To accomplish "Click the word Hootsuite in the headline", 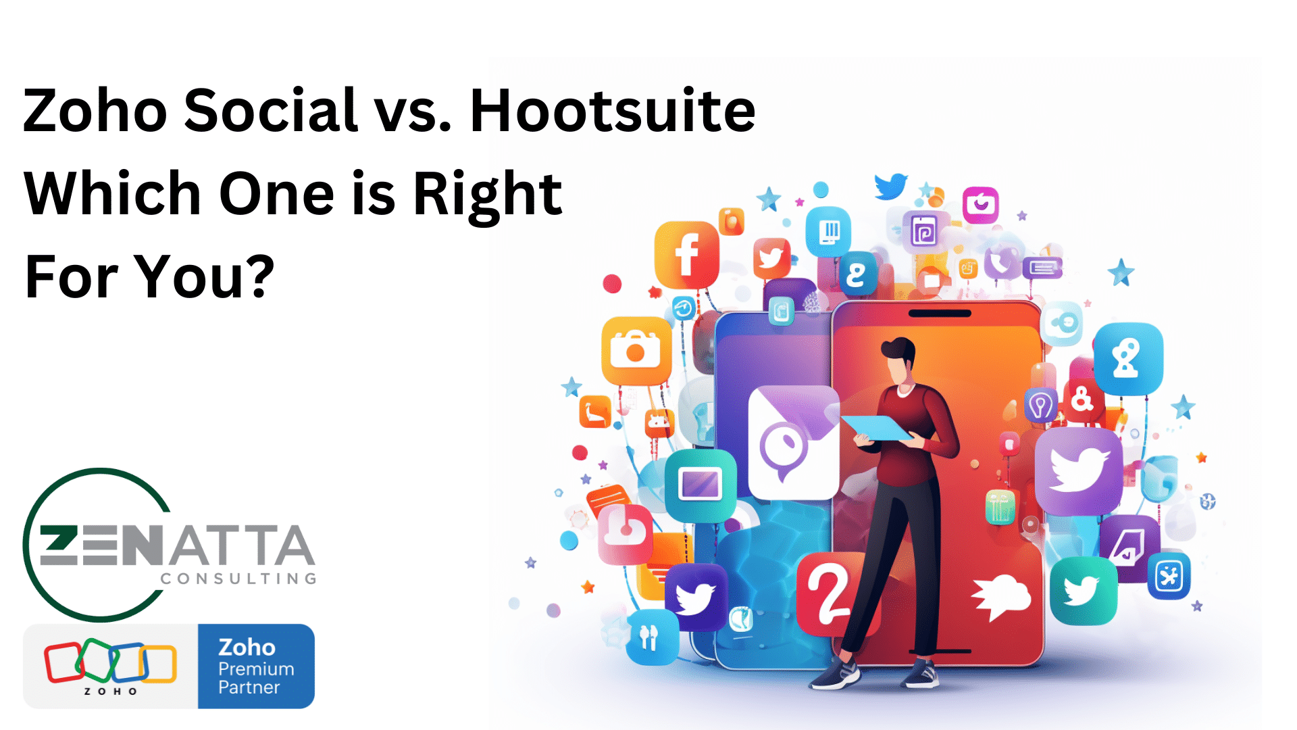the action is tap(612, 109).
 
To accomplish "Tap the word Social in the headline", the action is tap(271, 109).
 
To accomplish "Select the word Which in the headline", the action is tap(112, 193).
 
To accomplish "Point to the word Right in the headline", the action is tap(488, 196).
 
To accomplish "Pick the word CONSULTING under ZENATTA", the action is tap(238, 579).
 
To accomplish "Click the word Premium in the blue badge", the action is tap(256, 668).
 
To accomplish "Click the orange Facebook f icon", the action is tap(686, 254).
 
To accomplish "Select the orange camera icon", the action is tap(636, 350).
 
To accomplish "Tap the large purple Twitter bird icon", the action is tap(1079, 470).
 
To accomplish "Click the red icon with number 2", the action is tap(830, 592).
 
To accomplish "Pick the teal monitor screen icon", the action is tap(701, 485).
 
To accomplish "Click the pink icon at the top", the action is tap(980, 205).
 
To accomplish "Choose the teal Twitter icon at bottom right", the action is tap(1084, 591).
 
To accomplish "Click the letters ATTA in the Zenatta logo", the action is tap(242, 545).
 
